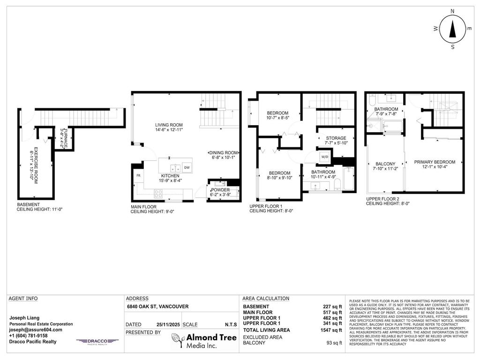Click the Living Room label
[x=169, y=125]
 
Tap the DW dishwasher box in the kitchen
[x=187, y=167]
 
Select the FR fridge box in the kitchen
[x=138, y=175]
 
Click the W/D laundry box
[x=324, y=157]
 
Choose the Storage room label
[x=336, y=138]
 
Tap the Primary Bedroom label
[x=435, y=162]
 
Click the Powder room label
[x=220, y=190]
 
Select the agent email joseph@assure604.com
[x=36, y=330]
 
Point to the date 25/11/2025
[x=167, y=324]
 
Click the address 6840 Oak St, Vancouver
[x=157, y=307]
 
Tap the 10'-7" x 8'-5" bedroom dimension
[x=278, y=118]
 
